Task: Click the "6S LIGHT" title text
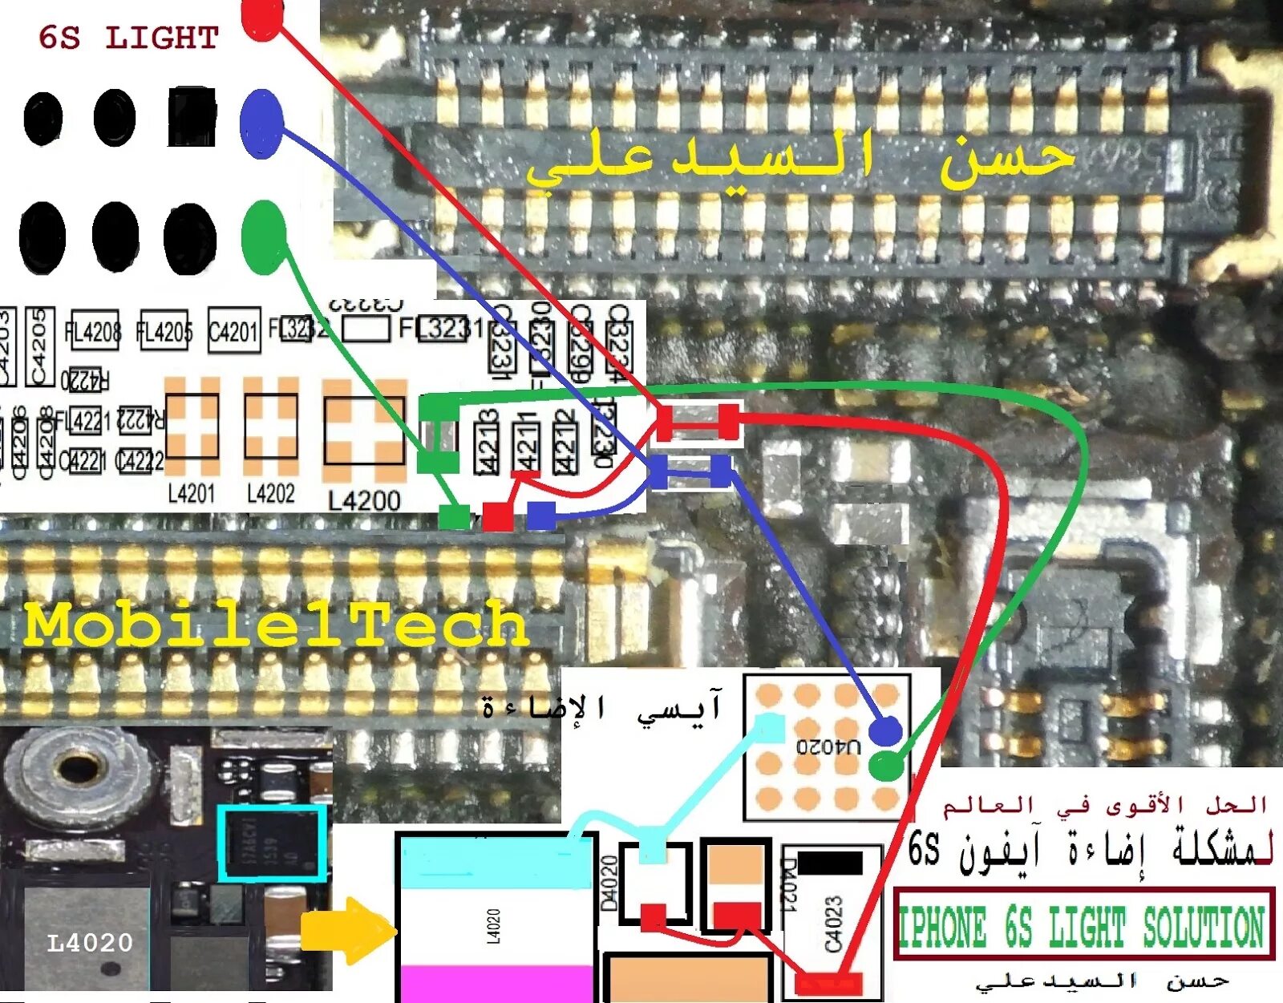(x=128, y=38)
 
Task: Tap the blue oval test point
(x=261, y=123)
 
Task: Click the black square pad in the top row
(x=192, y=116)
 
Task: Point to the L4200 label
(x=364, y=501)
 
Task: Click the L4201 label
(x=191, y=493)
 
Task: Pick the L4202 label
(x=270, y=493)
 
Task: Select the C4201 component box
(x=233, y=330)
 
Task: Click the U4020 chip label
(x=828, y=746)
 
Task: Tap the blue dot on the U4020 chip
(x=884, y=730)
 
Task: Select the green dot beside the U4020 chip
(x=885, y=766)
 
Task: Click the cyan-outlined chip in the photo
(x=273, y=843)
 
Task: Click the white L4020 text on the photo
(x=90, y=943)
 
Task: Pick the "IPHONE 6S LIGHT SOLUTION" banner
(x=1083, y=925)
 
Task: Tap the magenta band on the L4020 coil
(x=496, y=983)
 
